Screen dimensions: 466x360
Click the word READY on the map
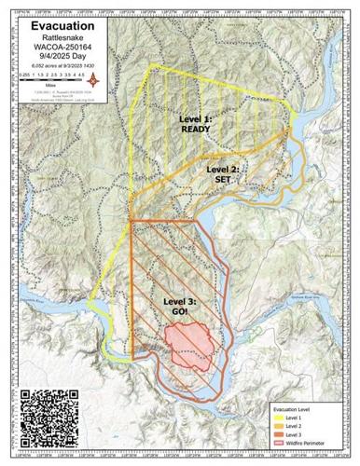coord(196,130)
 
